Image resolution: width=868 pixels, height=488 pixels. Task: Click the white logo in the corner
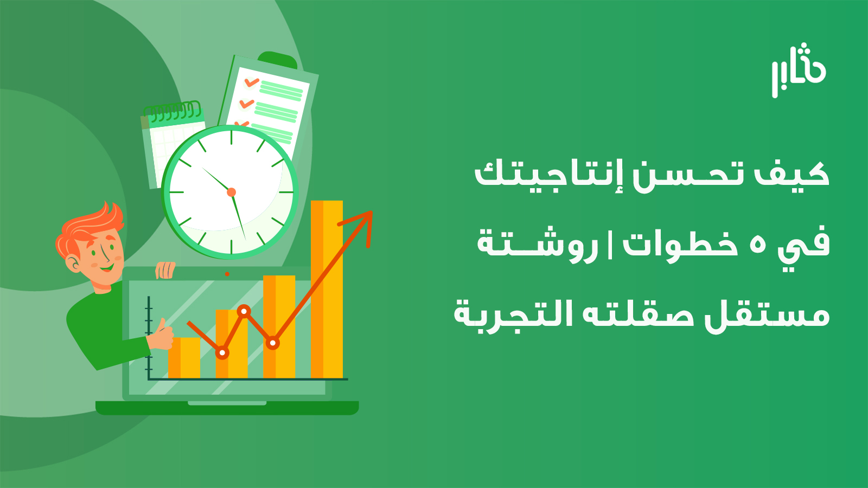point(798,70)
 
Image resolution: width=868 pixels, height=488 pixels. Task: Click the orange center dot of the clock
point(231,192)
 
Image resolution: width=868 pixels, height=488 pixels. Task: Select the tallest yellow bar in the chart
point(327,290)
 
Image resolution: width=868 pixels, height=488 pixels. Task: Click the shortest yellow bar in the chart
point(184,358)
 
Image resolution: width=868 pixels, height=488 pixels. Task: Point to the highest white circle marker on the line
point(244,311)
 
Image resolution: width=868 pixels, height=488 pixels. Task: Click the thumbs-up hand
point(161,336)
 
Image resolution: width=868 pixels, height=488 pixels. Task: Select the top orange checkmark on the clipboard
point(252,82)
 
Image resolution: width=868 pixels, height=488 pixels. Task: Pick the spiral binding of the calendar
point(173,111)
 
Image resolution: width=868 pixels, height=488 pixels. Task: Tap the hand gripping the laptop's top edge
point(165,270)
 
